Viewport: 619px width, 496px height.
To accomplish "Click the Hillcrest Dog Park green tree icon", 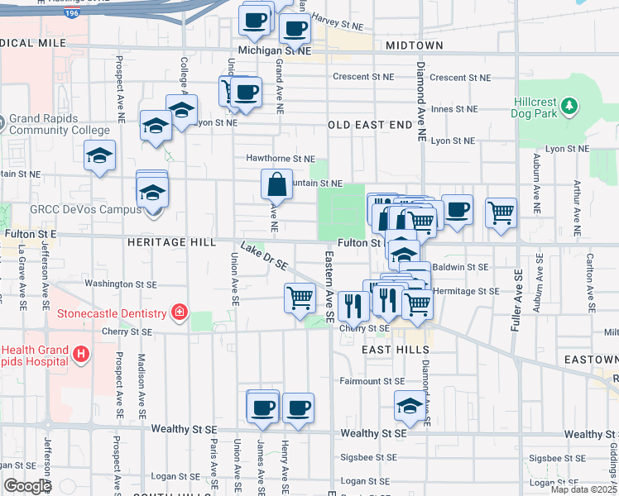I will click(x=569, y=106).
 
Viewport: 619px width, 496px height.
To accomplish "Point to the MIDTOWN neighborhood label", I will click(x=414, y=45).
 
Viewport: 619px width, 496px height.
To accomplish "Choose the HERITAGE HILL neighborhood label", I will click(x=172, y=242).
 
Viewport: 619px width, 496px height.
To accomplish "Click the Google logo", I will click(x=27, y=485).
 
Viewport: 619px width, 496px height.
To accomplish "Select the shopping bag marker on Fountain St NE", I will click(x=276, y=184).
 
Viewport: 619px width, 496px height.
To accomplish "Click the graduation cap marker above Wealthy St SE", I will click(x=410, y=406).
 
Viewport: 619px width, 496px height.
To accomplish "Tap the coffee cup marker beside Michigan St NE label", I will click(x=294, y=29).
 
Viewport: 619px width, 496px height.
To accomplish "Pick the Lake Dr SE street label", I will click(x=264, y=255).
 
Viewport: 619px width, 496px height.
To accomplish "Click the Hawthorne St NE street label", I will click(x=281, y=158).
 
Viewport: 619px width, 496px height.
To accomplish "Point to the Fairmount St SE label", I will click(x=372, y=381).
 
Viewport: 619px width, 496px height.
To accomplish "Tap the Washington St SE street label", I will click(x=121, y=284).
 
